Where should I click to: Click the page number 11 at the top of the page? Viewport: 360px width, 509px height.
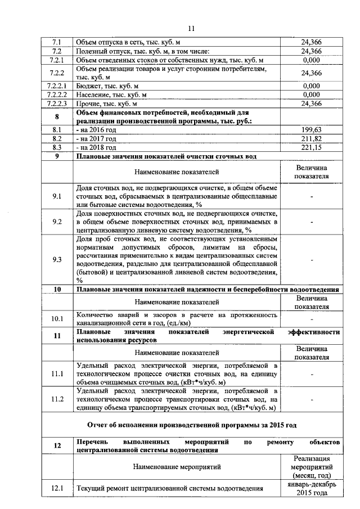[191, 28]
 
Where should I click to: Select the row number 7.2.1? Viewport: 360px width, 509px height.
[56, 60]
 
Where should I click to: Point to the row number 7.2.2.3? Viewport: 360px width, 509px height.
[56, 103]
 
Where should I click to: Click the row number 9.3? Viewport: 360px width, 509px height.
[56, 259]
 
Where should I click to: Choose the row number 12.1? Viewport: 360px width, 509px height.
[56, 489]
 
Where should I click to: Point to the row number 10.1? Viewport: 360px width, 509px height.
[56, 318]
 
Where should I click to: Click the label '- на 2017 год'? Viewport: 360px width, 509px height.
[96, 138]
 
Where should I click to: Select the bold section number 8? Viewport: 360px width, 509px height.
[56, 116]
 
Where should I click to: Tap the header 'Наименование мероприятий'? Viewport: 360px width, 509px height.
[177, 466]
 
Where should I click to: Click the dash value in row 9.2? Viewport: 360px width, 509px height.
[311, 222]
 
